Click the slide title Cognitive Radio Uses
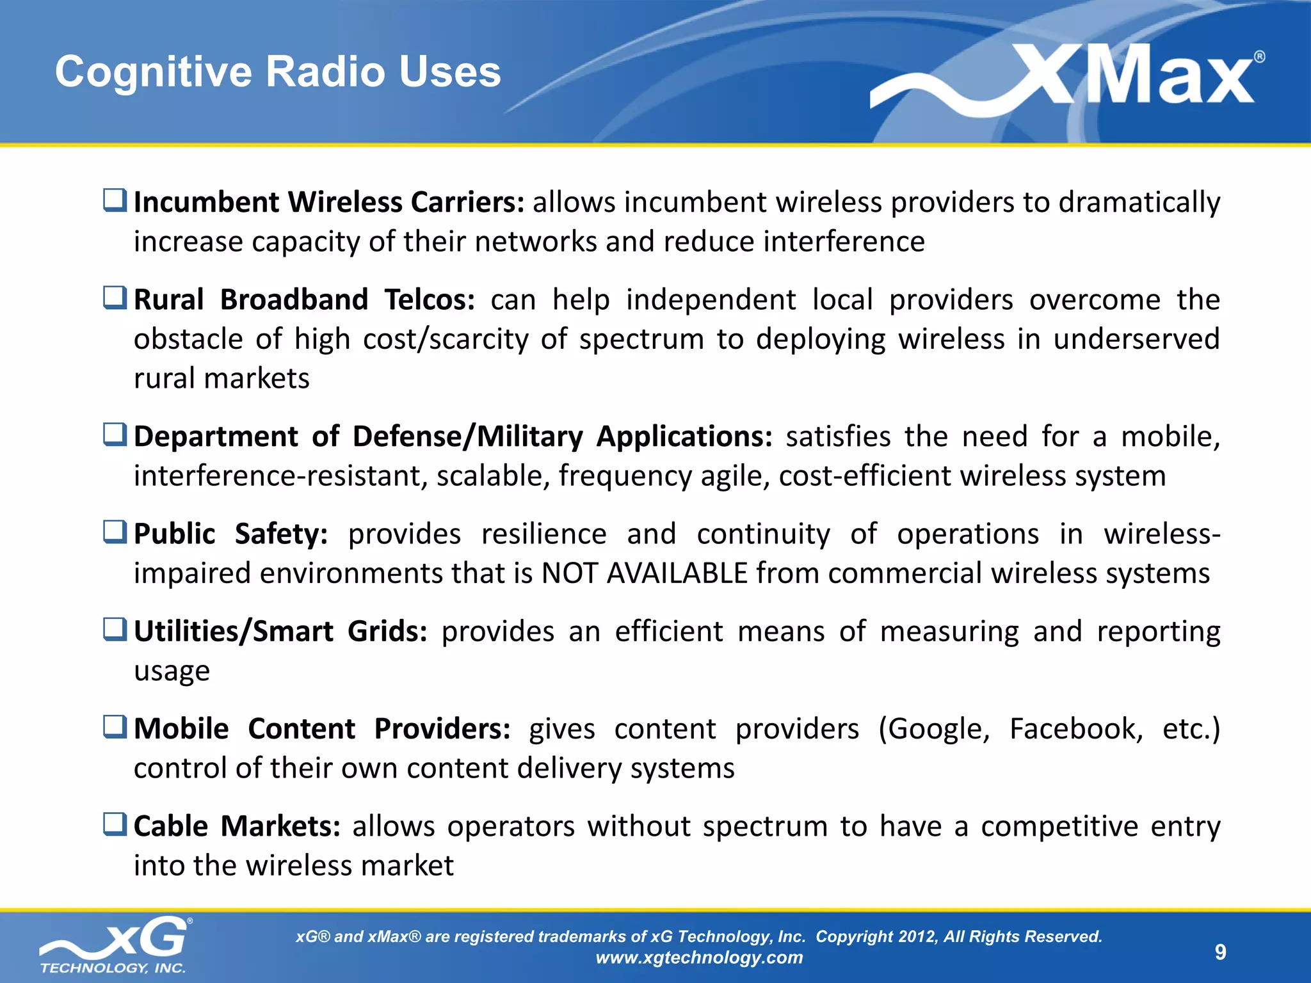click(x=277, y=71)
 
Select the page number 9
click(x=1220, y=952)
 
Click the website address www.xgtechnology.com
click(x=699, y=958)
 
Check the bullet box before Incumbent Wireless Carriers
click(x=115, y=200)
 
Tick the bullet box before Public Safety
click(x=115, y=532)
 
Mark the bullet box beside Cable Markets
click(x=115, y=824)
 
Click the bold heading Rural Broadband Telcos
click(x=304, y=300)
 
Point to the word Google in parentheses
click(x=934, y=729)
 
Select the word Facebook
click(x=1075, y=729)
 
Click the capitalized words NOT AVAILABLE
click(x=644, y=573)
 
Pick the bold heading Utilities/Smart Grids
click(x=280, y=632)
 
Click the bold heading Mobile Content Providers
click(x=322, y=729)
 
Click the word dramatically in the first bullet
click(x=1139, y=203)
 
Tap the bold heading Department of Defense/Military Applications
click(x=453, y=437)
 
